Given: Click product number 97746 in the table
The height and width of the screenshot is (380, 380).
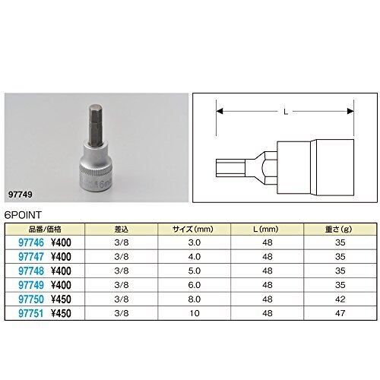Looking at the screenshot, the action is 31,242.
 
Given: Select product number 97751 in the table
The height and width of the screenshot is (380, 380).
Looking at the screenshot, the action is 31,313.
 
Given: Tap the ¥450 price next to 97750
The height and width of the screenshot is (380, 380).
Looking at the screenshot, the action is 61,299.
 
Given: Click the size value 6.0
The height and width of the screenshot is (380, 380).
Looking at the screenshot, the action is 195,285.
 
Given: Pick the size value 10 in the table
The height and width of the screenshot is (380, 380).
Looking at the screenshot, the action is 195,313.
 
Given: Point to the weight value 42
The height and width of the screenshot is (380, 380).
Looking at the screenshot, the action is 340,299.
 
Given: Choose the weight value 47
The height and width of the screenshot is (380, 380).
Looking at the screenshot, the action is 340,313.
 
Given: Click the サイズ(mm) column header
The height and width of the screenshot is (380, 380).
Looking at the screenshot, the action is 193,230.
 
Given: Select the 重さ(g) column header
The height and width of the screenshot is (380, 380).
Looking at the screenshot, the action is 339,230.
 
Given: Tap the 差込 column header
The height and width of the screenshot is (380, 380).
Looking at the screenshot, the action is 122,230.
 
